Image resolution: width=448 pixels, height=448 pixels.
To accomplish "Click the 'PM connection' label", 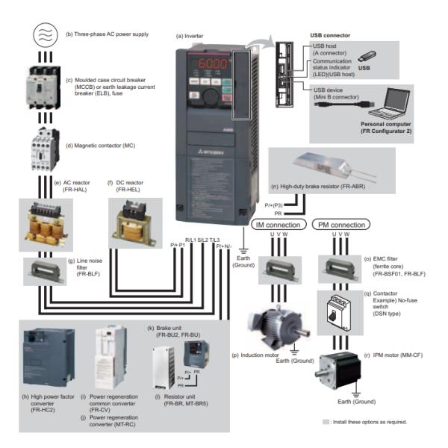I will (341, 224).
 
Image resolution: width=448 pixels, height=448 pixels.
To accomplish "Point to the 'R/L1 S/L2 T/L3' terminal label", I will (202, 238).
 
